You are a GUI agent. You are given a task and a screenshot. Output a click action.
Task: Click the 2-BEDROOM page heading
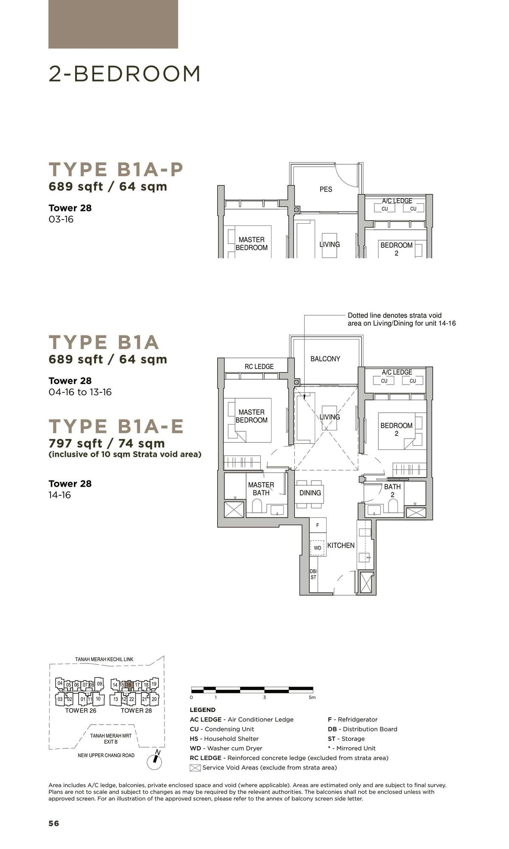pyautogui.click(x=124, y=74)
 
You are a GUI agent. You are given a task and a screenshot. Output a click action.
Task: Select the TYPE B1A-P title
pyautogui.click(x=116, y=169)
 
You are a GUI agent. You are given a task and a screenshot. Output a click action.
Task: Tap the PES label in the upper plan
pyautogui.click(x=326, y=189)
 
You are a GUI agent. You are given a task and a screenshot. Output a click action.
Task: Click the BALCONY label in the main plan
pyautogui.click(x=325, y=359)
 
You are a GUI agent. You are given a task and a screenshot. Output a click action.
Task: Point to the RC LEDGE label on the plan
pyautogui.click(x=259, y=366)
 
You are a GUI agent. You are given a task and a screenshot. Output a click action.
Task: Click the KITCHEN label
pyautogui.click(x=341, y=545)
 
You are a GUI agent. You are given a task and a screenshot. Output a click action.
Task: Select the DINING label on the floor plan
pyautogui.click(x=310, y=493)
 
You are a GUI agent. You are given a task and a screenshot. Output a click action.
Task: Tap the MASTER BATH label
pyautogui.click(x=261, y=489)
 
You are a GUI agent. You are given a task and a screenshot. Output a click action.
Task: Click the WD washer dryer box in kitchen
pyautogui.click(x=318, y=548)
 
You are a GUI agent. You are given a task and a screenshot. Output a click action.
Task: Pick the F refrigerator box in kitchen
pyautogui.click(x=318, y=525)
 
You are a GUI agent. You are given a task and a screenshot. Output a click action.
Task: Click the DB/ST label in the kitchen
pyautogui.click(x=313, y=574)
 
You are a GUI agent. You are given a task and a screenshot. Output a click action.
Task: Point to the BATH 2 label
pyautogui.click(x=392, y=491)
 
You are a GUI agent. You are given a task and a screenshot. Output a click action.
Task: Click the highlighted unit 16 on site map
pyautogui.click(x=129, y=684)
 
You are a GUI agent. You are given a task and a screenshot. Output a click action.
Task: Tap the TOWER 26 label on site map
pyautogui.click(x=81, y=710)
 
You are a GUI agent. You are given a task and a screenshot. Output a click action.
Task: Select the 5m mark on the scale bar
pyautogui.click(x=312, y=697)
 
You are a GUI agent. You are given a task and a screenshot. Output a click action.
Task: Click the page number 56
pyautogui.click(x=54, y=823)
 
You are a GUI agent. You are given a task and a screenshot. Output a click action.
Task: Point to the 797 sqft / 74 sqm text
pyautogui.click(x=106, y=443)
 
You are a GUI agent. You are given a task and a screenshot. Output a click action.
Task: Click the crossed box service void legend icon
pyautogui.click(x=195, y=767)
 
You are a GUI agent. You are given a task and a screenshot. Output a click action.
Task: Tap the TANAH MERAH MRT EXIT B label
pyautogui.click(x=111, y=739)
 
